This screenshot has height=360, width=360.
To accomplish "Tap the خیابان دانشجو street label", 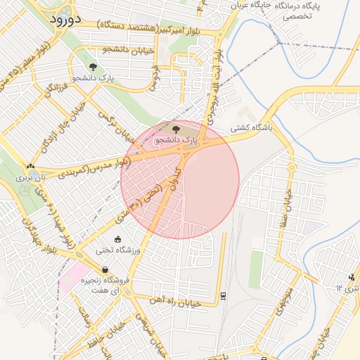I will (127, 49).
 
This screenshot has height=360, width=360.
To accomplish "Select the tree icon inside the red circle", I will (176, 129).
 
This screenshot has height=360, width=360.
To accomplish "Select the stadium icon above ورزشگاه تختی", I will (117, 239).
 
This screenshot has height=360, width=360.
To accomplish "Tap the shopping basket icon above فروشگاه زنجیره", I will (105, 269).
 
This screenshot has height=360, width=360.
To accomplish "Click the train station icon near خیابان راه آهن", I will (223, 295).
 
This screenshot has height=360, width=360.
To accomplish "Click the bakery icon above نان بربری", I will (30, 167).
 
